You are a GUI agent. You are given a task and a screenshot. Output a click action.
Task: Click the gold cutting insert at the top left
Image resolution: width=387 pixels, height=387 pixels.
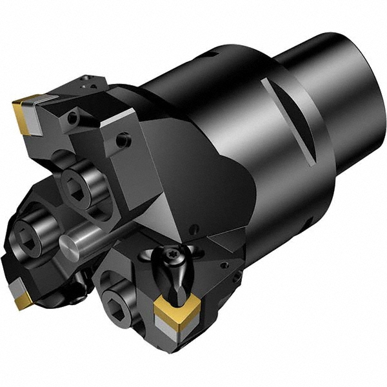[x=26, y=112]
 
